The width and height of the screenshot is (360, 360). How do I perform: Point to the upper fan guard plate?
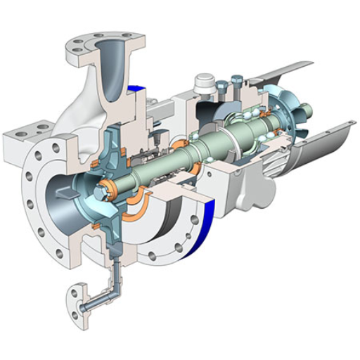(288, 70)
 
